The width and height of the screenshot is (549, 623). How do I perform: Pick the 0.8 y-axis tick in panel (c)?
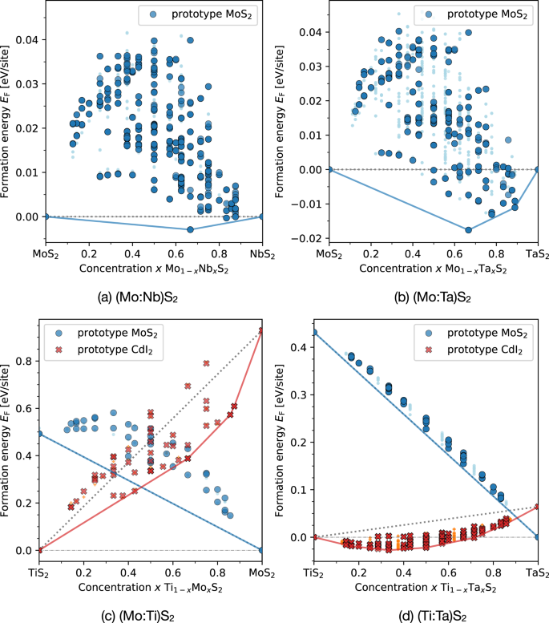(30, 361)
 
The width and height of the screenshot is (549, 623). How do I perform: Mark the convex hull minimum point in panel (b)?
(468, 230)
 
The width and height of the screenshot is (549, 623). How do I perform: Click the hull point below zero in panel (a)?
(190, 229)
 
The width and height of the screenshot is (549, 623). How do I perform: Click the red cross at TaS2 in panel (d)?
(537, 507)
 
